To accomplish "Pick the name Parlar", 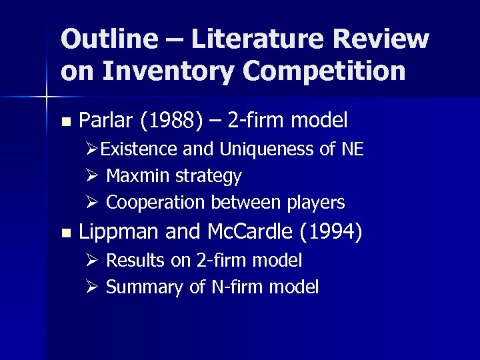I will [x=107, y=121].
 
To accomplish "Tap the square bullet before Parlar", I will [x=65, y=122].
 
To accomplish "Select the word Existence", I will [x=139, y=149].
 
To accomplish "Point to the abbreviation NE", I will [x=352, y=149].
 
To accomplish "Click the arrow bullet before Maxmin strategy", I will [x=94, y=176].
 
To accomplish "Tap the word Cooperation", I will [x=157, y=202].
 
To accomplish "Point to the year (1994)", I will [x=331, y=232].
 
